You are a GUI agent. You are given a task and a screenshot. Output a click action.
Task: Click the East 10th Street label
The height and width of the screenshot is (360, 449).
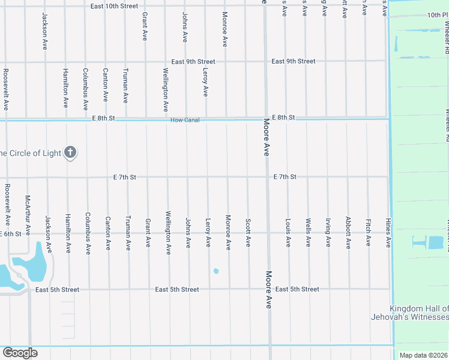[x=114, y=6]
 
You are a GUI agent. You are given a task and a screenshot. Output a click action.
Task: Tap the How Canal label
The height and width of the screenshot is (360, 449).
[x=185, y=120]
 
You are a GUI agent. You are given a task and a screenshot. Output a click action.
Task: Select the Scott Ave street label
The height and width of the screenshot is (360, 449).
[x=248, y=233]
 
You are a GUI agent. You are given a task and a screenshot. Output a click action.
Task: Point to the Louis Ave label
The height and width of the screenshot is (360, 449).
[x=288, y=233]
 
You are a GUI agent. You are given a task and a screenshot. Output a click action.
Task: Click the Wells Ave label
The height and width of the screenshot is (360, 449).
[x=308, y=233]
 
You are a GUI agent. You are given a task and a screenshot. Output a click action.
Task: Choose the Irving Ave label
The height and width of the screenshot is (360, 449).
[x=328, y=233]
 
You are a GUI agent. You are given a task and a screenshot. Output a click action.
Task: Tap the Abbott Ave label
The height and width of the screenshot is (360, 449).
[x=348, y=233]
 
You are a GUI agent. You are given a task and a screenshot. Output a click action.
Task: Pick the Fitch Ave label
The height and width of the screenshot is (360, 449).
[x=369, y=233]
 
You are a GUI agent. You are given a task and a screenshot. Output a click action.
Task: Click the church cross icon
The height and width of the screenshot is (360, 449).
[x=70, y=152]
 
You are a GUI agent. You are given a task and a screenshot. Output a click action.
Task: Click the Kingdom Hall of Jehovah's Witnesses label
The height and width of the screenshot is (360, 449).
[x=419, y=312]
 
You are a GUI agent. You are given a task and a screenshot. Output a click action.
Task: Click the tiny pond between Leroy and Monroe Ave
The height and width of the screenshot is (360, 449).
[x=216, y=271]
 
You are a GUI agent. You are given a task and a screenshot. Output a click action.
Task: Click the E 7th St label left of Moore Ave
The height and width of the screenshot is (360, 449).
[x=125, y=177]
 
